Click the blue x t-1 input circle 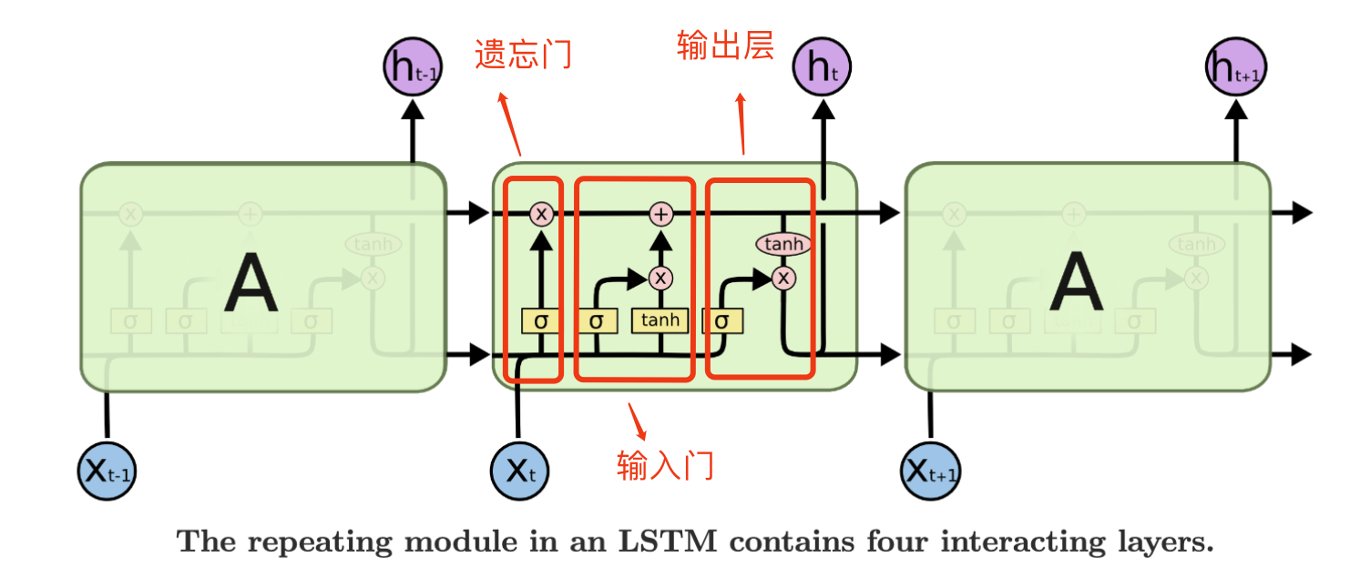(x=107, y=472)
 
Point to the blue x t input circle (x=519, y=472)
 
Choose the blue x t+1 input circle (x=931, y=472)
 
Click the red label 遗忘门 (x=523, y=55)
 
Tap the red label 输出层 (x=725, y=45)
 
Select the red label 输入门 (x=665, y=466)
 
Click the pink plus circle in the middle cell (x=660, y=214)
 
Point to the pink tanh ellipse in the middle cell (x=783, y=244)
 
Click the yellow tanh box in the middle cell (x=660, y=320)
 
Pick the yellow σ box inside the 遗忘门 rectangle (x=541, y=320)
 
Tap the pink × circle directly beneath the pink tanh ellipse (x=783, y=277)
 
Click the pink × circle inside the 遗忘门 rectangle (x=542, y=214)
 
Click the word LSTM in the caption (x=677, y=542)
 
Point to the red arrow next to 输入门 (x=638, y=420)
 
